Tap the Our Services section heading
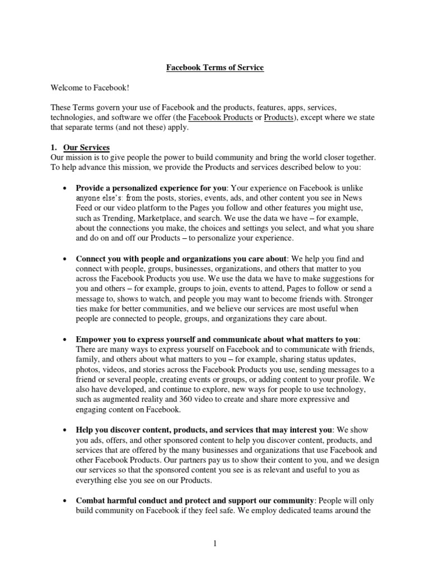tap(87, 147)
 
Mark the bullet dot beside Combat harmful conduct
tap(66, 501)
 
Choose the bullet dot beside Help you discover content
tap(66, 430)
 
